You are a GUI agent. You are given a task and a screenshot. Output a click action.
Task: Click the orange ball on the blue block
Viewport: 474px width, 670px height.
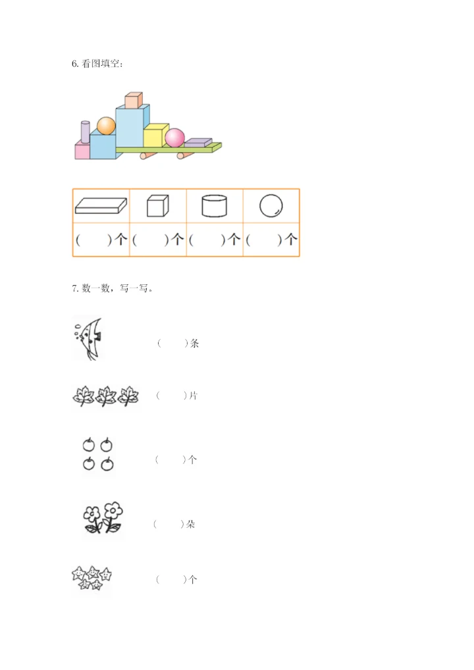[x=106, y=125]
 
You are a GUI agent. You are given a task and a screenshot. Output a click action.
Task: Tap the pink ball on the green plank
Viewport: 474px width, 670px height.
[x=175, y=138]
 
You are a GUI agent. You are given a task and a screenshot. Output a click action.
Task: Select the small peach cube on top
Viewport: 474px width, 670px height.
[x=134, y=100]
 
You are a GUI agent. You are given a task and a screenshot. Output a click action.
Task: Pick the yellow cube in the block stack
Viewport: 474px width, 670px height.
[x=155, y=136]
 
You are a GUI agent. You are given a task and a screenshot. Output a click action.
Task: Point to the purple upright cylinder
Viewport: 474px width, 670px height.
[x=85, y=132]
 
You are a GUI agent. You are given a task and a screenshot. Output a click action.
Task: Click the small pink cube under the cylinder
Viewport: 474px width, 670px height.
[x=82, y=151]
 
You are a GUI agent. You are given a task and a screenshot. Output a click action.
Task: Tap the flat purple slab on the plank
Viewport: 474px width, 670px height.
[x=198, y=142]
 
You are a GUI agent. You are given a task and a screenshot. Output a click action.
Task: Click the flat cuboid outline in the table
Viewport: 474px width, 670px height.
[x=101, y=206]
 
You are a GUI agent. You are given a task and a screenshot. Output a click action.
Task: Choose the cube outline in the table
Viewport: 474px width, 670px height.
[x=158, y=206]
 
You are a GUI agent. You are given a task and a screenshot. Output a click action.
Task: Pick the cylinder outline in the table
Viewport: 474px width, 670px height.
[x=215, y=206]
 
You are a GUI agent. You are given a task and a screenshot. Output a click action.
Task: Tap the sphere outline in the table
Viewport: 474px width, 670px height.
[x=271, y=206]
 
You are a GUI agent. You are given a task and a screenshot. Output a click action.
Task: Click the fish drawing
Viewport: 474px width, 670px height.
[x=88, y=338]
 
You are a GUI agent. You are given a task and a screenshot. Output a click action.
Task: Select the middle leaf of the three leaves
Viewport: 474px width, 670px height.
[x=106, y=396]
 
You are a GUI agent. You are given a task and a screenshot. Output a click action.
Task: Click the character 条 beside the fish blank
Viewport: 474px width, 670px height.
[x=194, y=344]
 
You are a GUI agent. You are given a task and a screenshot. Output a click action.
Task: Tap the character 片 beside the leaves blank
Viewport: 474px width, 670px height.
[x=193, y=396]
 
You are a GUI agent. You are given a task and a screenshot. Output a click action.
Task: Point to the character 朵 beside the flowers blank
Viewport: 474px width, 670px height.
[x=190, y=525]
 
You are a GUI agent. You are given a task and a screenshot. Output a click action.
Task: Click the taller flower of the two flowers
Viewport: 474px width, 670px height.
[x=114, y=515]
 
